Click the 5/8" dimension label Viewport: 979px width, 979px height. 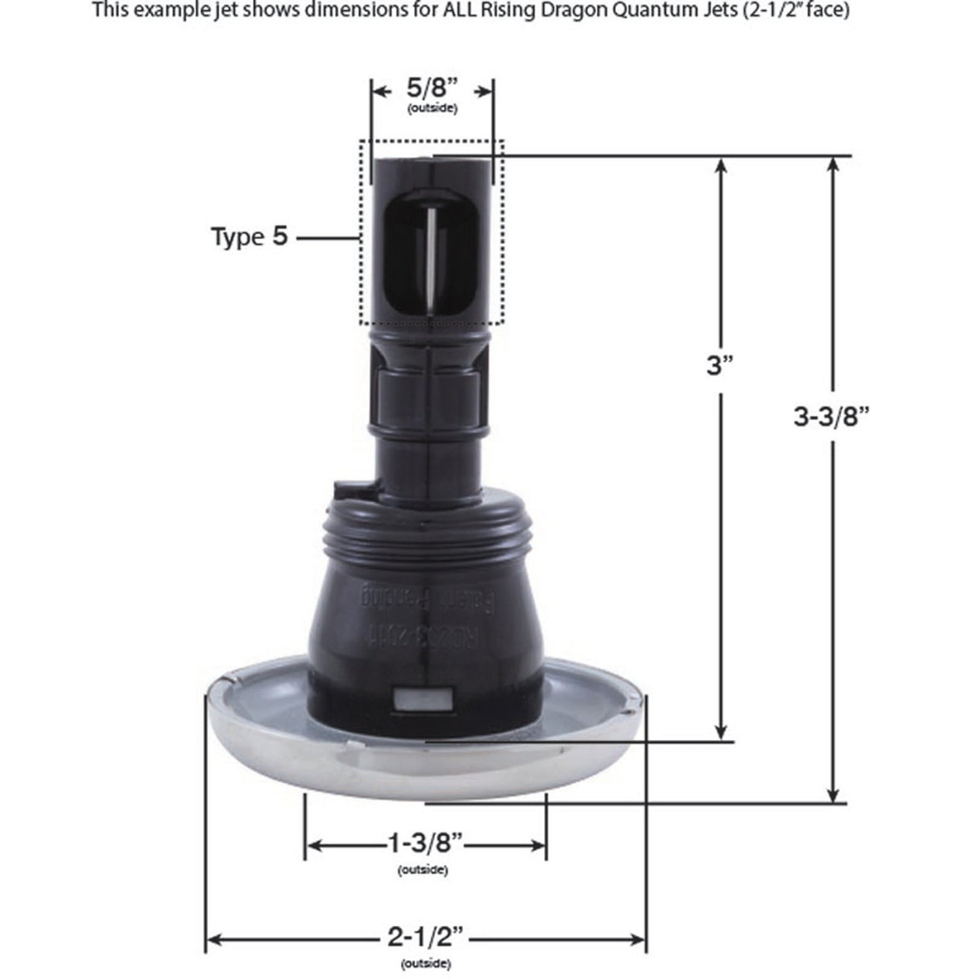tap(433, 89)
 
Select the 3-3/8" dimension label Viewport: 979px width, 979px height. tap(831, 417)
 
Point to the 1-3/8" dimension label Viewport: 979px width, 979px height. tap(425, 844)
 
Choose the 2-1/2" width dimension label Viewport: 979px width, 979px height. tap(425, 938)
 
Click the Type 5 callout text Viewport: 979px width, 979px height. tap(249, 237)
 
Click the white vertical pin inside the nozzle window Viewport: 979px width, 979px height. tap(432, 257)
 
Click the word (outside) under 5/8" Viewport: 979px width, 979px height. tap(432, 109)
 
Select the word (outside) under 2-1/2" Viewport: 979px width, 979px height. tap(425, 963)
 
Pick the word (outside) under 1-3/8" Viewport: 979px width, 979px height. tap(423, 869)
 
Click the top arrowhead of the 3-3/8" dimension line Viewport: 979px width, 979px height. tap(835, 165)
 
